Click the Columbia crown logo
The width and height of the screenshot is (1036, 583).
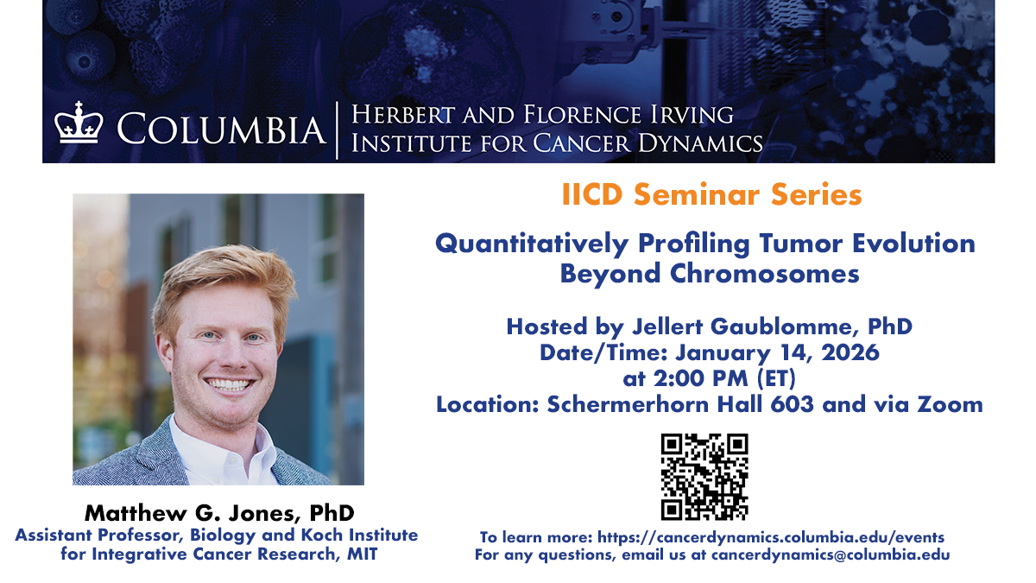pos(79,123)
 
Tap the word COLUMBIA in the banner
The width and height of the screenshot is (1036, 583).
pos(221,129)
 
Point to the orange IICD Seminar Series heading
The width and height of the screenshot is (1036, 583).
pos(711,194)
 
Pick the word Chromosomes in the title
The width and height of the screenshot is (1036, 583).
pos(765,274)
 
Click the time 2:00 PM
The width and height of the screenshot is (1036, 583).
pos(701,378)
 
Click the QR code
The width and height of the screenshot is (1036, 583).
pos(704,477)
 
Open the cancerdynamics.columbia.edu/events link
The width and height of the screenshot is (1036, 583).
pos(771,537)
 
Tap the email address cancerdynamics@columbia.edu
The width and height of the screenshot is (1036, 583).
pos(831,554)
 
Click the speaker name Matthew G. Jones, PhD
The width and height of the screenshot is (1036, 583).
pos(219,513)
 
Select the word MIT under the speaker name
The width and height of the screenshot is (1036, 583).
pos(363,554)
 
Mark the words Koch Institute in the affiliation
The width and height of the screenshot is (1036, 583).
pos(359,535)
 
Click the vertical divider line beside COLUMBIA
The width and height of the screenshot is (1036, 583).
pos(337,130)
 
